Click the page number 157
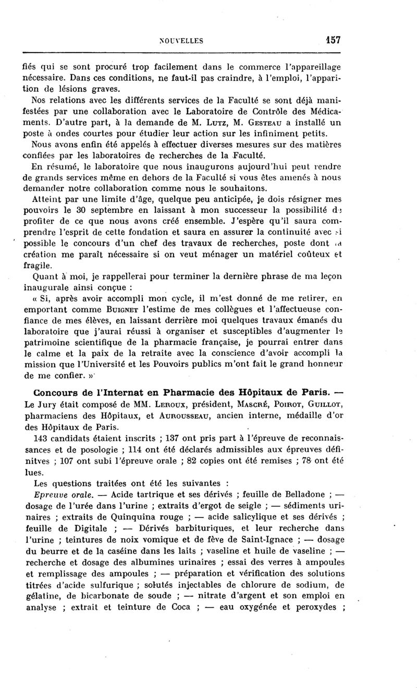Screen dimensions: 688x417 [x=332, y=40]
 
